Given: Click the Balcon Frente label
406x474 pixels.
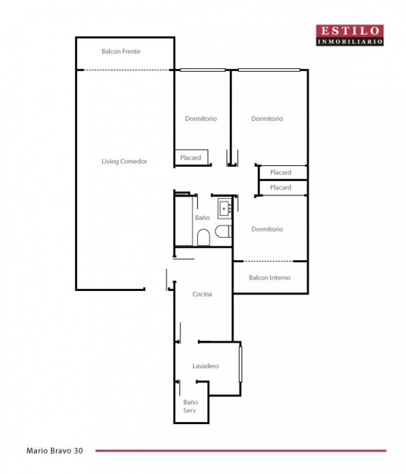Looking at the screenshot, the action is [121, 51].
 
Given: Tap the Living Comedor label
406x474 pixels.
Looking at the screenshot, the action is [124, 162].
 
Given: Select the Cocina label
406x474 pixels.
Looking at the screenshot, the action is [202, 294].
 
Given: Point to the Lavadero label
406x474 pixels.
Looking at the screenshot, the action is [205, 366].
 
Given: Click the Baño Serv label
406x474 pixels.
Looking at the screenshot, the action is [190, 406].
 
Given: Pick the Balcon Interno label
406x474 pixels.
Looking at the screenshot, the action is [270, 277].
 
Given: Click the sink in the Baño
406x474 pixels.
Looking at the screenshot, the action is [224, 208].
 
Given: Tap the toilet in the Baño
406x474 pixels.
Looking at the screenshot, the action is [223, 231].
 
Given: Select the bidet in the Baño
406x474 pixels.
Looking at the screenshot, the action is [203, 237].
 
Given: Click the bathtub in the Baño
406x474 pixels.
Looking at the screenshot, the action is [184, 221].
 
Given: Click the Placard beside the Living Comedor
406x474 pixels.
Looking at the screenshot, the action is [192, 158].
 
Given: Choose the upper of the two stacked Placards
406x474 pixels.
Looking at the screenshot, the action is [283, 172].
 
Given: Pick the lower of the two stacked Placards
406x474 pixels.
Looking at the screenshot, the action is [283, 188].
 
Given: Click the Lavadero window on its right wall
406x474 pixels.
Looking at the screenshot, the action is [240, 364].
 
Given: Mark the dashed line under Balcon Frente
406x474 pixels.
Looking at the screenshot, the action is [126, 70].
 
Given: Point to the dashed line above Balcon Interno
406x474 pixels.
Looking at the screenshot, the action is [268, 261].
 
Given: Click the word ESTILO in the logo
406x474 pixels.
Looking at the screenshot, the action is [350, 31].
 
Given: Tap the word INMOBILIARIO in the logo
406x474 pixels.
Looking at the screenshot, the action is [350, 42].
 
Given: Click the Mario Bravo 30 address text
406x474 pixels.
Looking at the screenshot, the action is [55, 451].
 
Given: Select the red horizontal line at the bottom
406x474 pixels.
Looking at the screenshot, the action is [241, 451].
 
